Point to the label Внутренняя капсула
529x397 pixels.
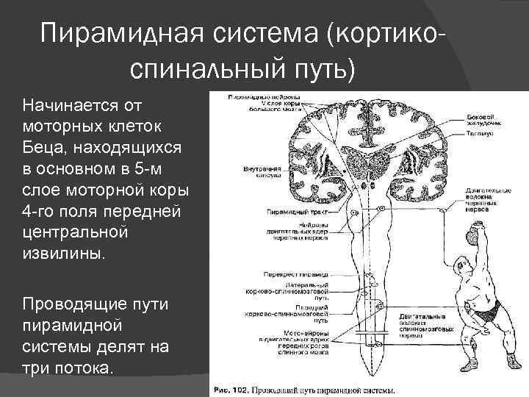261,172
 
